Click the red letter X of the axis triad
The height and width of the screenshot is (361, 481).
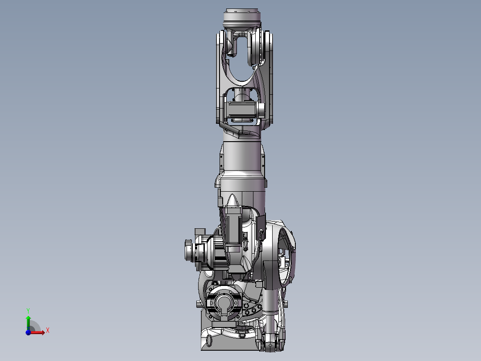click(x=48, y=331)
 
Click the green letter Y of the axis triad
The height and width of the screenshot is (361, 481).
click(x=28, y=311)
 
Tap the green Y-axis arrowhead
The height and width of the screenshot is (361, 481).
click(x=28, y=318)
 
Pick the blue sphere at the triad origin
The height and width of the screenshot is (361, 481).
click(x=28, y=332)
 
